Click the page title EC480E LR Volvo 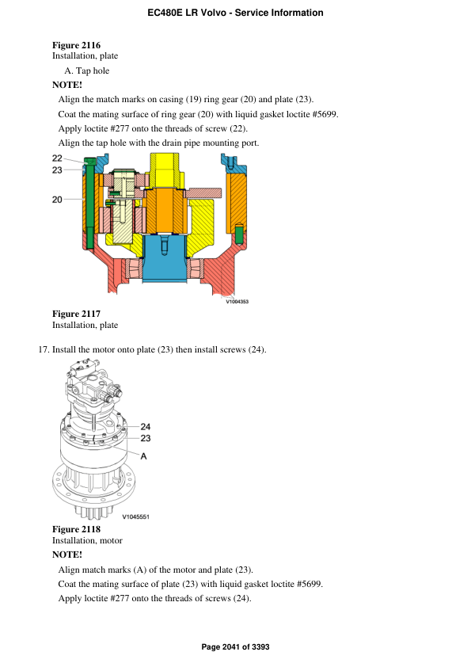(x=235, y=13)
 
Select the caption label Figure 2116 (x=76, y=45)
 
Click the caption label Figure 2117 (x=76, y=314)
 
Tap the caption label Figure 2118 (x=76, y=529)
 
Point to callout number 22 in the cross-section (x=58, y=158)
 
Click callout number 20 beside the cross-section (x=58, y=200)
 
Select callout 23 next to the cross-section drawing (x=58, y=170)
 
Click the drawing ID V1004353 (x=237, y=301)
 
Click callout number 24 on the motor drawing (x=146, y=426)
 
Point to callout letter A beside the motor (x=144, y=455)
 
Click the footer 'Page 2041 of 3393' (x=235, y=647)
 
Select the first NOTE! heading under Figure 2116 (x=67, y=84)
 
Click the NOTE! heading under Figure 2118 (x=67, y=555)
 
